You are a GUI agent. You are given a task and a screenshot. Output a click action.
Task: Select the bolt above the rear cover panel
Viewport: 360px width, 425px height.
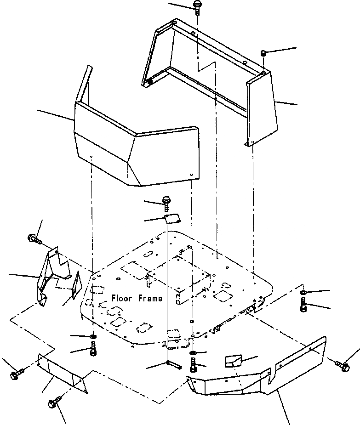pos(197,7)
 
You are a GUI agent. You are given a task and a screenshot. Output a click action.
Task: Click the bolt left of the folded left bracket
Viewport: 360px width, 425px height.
pos(34,238)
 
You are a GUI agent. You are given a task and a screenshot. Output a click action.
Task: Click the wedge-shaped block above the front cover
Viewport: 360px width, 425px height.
pos(233,361)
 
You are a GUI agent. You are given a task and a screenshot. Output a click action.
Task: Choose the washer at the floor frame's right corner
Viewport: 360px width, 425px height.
pos(304,293)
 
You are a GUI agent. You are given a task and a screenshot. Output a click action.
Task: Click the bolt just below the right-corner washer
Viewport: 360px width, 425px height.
pos(303,305)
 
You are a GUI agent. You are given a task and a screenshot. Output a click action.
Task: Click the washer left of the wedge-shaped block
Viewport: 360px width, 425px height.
pos(193,353)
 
